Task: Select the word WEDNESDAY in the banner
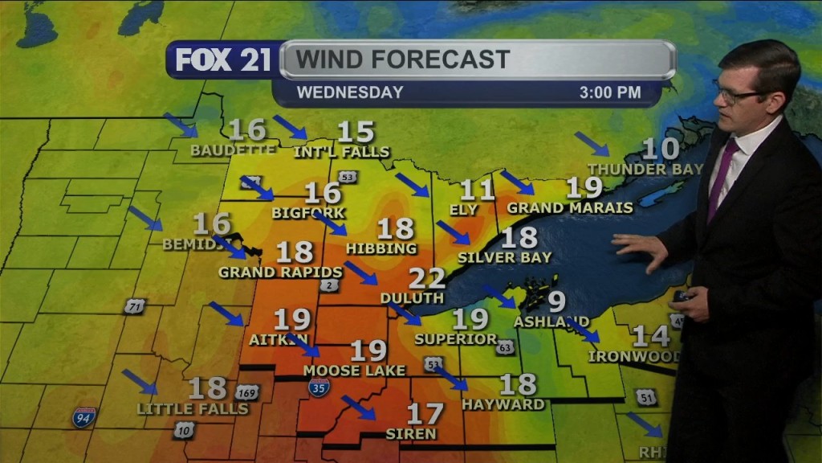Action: click(350, 92)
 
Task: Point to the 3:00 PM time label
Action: click(610, 92)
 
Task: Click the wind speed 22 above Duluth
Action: click(427, 279)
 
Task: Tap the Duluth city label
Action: click(412, 298)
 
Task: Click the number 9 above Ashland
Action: click(556, 302)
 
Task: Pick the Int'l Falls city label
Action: click(342, 152)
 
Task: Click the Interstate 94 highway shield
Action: click(83, 416)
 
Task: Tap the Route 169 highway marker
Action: click(248, 392)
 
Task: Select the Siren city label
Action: click(411, 434)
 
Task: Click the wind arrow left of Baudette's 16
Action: click(181, 125)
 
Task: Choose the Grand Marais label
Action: click(570, 207)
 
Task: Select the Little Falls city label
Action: click(193, 409)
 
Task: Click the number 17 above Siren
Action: click(425, 414)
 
